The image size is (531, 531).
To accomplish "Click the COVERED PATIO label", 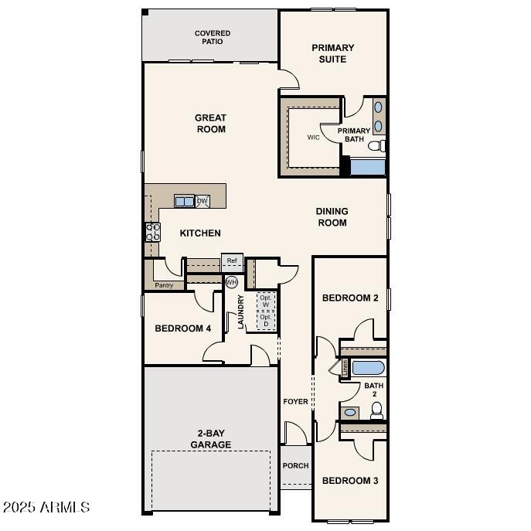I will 213,37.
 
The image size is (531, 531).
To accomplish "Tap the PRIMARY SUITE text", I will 333,53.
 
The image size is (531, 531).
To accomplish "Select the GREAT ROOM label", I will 210,124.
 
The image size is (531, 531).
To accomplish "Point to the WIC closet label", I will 313,138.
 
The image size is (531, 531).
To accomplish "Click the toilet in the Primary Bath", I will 376,146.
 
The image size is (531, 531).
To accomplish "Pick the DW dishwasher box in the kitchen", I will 203,201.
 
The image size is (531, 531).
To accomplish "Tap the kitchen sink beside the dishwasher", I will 185,202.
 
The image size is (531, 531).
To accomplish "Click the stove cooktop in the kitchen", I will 152,232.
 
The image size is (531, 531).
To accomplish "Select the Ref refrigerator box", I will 232,260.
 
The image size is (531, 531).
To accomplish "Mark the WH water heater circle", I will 231,282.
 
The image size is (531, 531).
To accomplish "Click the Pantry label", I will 164,285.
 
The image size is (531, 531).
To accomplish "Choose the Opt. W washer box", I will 266,301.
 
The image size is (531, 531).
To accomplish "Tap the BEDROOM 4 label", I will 182,328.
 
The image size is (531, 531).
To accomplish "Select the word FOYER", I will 295,402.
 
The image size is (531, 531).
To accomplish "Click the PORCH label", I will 295,466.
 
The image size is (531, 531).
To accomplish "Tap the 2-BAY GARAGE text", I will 211,439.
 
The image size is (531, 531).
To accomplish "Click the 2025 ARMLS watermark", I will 46,508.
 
